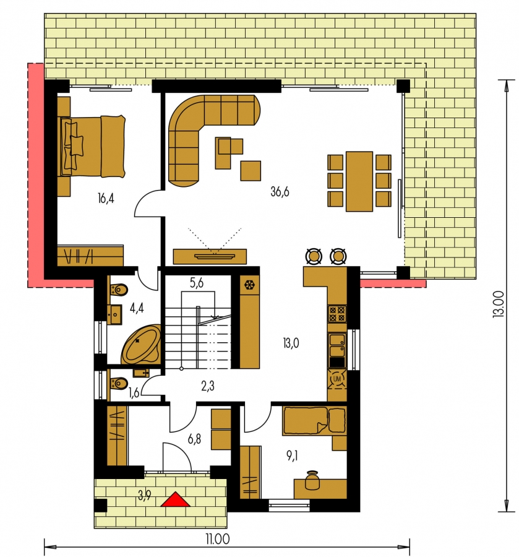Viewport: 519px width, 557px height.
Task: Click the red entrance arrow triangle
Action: tap(175, 500)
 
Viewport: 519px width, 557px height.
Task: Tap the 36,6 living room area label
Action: tap(280, 192)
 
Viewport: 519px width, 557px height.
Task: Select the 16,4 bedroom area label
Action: tap(106, 198)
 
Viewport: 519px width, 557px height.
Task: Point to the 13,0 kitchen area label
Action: tap(291, 343)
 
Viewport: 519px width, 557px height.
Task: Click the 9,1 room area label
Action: tap(292, 456)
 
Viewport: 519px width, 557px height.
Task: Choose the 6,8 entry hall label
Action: tap(194, 439)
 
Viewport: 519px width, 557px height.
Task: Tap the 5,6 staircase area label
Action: tap(196, 283)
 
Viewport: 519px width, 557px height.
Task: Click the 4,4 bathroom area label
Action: tap(137, 308)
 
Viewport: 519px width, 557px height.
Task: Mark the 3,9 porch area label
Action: tap(145, 495)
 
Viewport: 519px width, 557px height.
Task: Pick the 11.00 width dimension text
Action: tap(217, 539)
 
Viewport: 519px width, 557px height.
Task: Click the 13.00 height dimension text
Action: tap(499, 304)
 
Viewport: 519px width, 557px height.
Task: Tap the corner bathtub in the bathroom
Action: tap(141, 344)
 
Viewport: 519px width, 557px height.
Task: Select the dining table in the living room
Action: tap(359, 181)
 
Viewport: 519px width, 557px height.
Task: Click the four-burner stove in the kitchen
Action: tap(337, 314)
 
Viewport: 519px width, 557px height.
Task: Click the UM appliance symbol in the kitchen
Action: tap(337, 379)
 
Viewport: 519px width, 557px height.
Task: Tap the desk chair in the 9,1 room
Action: tap(313, 481)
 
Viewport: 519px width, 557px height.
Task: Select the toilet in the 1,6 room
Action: tap(118, 383)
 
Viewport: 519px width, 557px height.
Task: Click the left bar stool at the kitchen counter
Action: tap(314, 256)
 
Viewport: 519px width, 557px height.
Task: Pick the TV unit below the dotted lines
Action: tap(210, 256)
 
